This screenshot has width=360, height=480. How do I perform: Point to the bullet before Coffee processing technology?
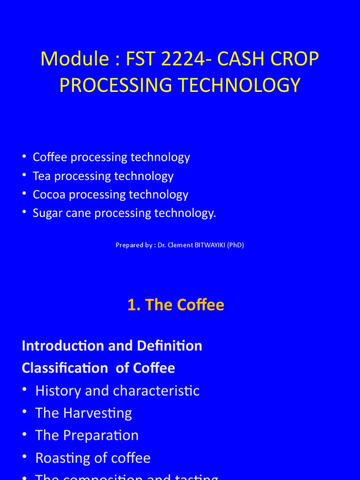click(x=24, y=157)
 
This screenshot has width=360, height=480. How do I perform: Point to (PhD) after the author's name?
click(x=236, y=245)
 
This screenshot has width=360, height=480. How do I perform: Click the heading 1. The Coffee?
click(x=176, y=305)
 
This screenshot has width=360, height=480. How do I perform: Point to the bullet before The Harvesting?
click(x=25, y=413)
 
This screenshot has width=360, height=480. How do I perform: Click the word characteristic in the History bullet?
click(x=157, y=391)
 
